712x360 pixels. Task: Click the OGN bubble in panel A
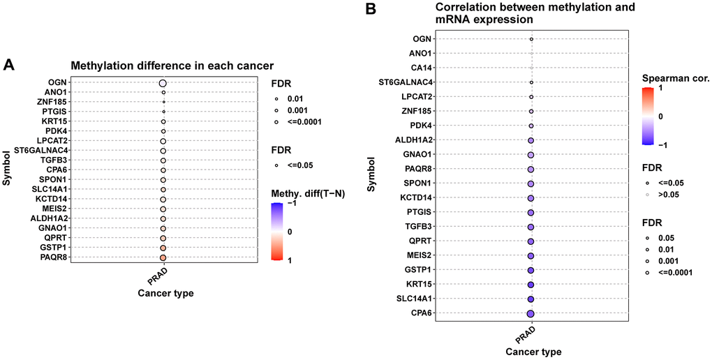(x=163, y=83)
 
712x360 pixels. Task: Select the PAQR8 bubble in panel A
(x=163, y=257)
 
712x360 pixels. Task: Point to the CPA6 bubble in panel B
(x=531, y=314)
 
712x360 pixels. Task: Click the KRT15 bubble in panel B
(x=531, y=285)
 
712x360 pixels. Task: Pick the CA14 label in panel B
(x=420, y=68)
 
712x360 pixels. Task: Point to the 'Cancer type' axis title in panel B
(x=531, y=352)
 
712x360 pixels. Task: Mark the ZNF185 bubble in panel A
(x=163, y=103)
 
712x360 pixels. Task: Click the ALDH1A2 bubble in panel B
(x=531, y=140)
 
